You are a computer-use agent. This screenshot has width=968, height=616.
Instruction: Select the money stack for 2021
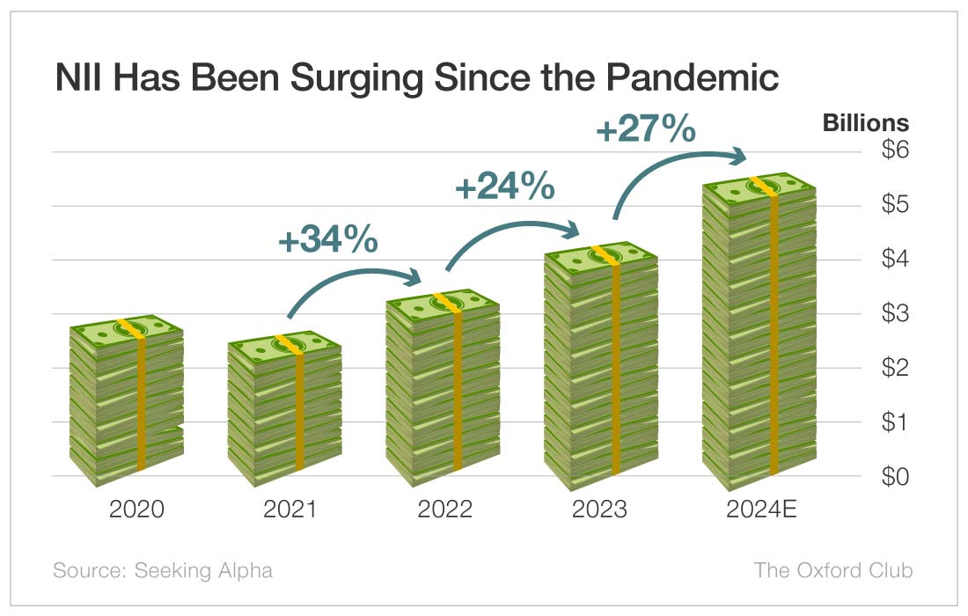284,409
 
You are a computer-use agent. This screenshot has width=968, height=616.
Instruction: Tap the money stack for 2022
443,388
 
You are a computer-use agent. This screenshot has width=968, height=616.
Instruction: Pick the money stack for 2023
600,366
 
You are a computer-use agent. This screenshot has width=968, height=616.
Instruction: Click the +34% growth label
328,240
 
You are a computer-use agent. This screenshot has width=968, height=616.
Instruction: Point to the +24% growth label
504,187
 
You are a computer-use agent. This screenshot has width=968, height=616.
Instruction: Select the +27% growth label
646,129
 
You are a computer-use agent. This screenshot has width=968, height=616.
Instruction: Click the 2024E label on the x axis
761,510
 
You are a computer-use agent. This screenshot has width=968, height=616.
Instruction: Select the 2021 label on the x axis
291,510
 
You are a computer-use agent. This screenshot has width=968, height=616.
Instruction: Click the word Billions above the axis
865,122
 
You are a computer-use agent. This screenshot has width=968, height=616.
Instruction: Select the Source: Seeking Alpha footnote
163,570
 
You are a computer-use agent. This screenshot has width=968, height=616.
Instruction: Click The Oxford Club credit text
832,570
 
